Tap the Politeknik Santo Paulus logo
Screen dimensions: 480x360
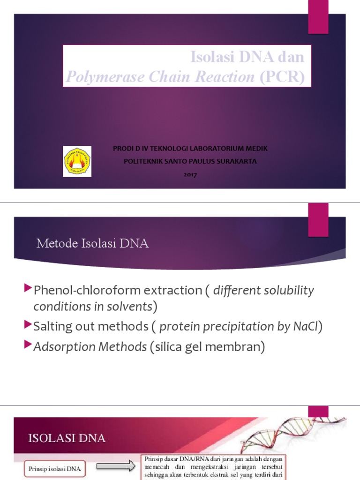coord(77,161)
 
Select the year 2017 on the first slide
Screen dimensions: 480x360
coord(190,174)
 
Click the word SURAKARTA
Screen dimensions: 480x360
coord(239,161)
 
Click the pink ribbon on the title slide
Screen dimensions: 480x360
coord(318,17)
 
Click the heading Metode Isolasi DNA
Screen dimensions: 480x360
coord(92,244)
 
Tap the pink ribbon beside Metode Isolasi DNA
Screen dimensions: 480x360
coord(318,220)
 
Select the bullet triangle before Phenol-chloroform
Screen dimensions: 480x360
coord(28,287)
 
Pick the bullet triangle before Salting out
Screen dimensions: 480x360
coord(28,323)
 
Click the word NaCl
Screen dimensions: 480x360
coord(306,327)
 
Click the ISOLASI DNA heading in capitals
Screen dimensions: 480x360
coord(67,439)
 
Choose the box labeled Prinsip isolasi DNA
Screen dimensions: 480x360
coord(55,468)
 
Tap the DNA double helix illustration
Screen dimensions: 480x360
coord(291,434)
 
